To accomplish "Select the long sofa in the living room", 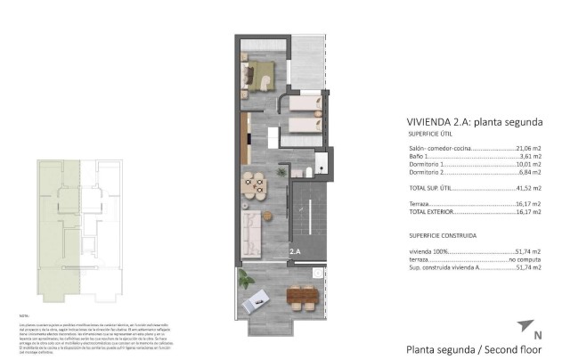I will pos(251,234).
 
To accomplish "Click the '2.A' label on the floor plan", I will pos(296,253).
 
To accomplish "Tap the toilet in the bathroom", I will pos(306,172).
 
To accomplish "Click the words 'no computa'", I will pos(525,258).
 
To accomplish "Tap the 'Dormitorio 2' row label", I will pos(427,172).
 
